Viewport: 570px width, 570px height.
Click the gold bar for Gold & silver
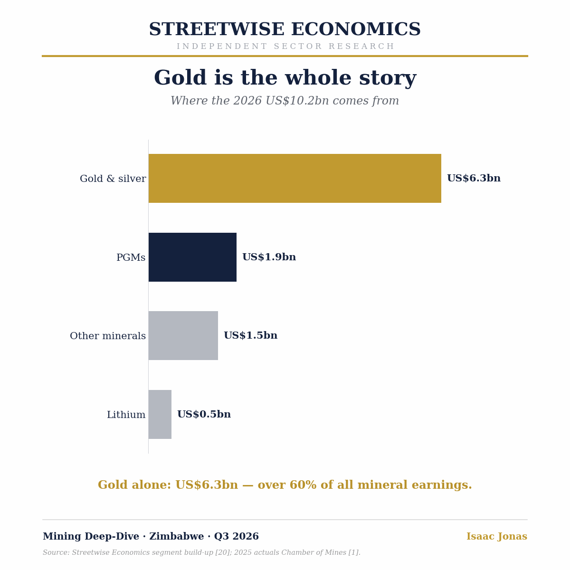pyautogui.click(x=294, y=179)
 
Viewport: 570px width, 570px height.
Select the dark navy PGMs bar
pyautogui.click(x=192, y=257)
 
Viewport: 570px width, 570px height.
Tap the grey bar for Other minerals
pyautogui.click(x=183, y=335)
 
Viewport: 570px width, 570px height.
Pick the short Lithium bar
pyautogui.click(x=160, y=414)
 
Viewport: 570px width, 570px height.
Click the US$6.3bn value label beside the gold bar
pyautogui.click(x=474, y=178)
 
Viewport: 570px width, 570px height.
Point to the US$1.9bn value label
pyautogui.click(x=269, y=257)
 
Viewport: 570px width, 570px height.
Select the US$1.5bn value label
pyautogui.click(x=250, y=335)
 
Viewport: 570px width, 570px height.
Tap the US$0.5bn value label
pyautogui.click(x=204, y=414)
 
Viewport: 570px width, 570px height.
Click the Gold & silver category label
pyautogui.click(x=113, y=179)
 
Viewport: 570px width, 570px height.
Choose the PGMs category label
pyautogui.click(x=131, y=257)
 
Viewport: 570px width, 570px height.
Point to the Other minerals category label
pyautogui.click(x=108, y=336)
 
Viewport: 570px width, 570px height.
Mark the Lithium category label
pyautogui.click(x=126, y=414)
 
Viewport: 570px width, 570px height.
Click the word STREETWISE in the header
pyautogui.click(x=217, y=29)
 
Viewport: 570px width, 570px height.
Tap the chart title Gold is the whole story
pyautogui.click(x=285, y=77)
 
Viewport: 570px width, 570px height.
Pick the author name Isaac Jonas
pyautogui.click(x=497, y=536)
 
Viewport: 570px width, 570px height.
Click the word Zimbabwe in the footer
pyautogui.click(x=176, y=536)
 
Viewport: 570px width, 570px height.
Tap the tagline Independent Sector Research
pyautogui.click(x=285, y=47)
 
